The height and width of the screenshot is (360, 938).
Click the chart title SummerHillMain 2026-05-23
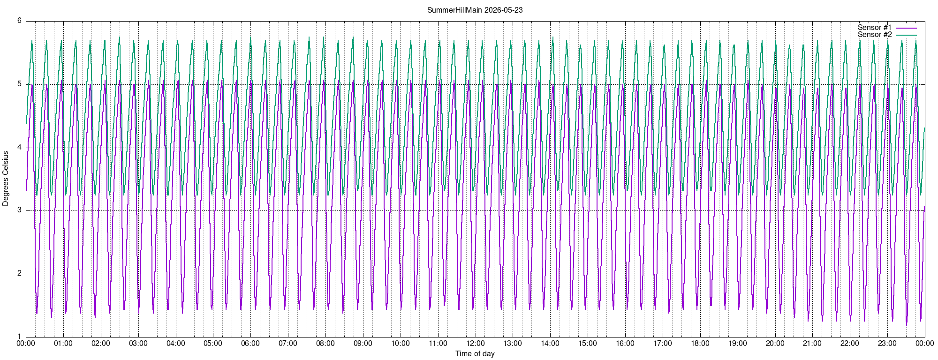(475, 10)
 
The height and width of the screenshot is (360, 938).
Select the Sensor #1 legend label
(875, 28)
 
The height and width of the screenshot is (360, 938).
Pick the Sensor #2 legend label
(875, 35)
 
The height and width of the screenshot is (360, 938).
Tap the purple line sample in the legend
(906, 28)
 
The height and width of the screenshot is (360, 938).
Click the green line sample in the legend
(906, 35)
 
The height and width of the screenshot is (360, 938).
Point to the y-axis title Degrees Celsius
(6, 179)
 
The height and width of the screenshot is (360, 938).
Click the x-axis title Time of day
(475, 353)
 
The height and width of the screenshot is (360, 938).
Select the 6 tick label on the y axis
(20, 21)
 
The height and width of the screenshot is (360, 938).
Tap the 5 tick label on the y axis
(20, 84)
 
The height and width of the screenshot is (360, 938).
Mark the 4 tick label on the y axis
(20, 148)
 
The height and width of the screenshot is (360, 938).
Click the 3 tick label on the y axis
(20, 210)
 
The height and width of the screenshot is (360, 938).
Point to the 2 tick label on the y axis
(20, 274)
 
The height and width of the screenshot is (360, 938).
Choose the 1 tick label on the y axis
(20, 337)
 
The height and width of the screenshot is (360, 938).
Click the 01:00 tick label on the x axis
(63, 344)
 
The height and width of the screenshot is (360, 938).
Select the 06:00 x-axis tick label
(250, 344)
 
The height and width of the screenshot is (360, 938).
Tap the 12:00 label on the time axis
(475, 344)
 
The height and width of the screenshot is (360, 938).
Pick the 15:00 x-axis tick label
(588, 344)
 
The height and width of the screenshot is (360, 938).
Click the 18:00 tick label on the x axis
(700, 344)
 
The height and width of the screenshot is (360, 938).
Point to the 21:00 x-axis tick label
(812, 344)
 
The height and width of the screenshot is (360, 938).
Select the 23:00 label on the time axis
(887, 344)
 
